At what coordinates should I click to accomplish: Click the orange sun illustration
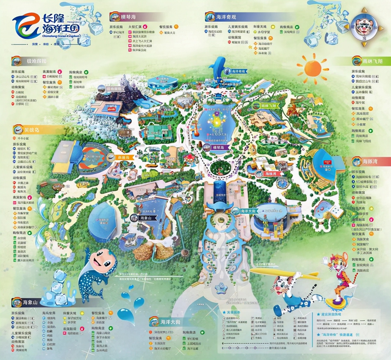[x=312, y=68]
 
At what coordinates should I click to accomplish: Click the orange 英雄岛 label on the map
[x=121, y=158]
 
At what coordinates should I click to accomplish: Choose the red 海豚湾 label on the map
[x=268, y=174]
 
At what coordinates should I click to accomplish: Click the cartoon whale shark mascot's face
[x=101, y=260]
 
